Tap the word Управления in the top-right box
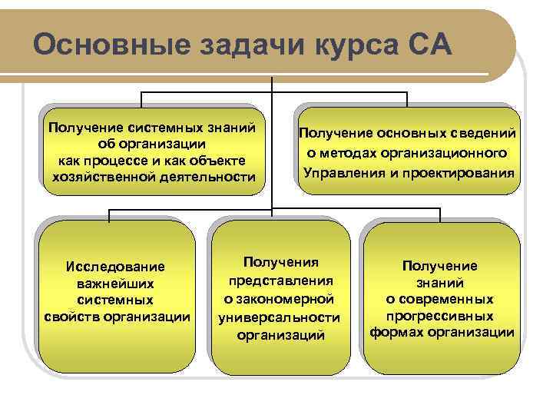(341, 171)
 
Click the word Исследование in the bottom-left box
(115, 267)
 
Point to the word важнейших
(115, 284)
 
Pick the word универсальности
(280, 317)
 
